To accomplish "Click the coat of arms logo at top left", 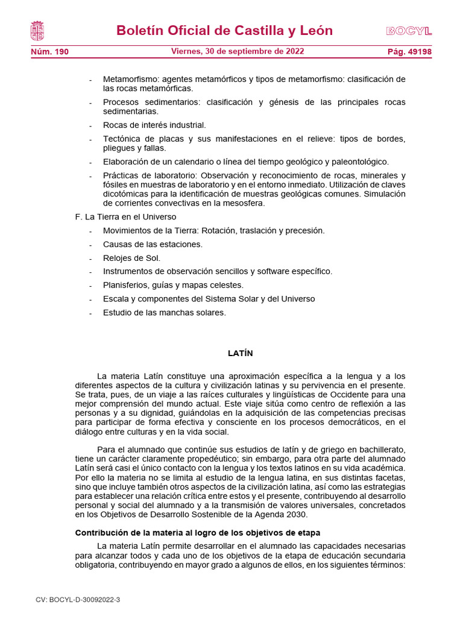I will tap(37, 31).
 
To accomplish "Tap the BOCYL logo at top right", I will tap(409, 31).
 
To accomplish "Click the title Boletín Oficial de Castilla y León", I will tap(224, 31).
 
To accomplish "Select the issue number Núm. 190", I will tap(49, 52).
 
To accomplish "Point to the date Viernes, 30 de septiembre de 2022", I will tap(238, 52).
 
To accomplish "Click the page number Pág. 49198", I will tap(409, 52).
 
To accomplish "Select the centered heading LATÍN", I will tap(240, 353).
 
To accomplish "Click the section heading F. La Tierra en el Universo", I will tap(125, 216).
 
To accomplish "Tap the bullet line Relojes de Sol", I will tap(131, 258).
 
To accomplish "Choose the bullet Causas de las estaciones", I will tap(153, 244).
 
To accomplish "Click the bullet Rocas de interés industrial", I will tap(154, 125).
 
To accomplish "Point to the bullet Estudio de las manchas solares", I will tap(164, 312).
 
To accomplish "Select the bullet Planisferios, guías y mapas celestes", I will tap(173, 285).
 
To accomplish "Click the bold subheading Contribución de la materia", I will tap(197, 533).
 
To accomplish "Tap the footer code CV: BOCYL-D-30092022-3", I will tap(78, 600).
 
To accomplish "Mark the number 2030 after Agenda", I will tap(297, 515).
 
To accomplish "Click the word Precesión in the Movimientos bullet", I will tap(304, 230).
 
